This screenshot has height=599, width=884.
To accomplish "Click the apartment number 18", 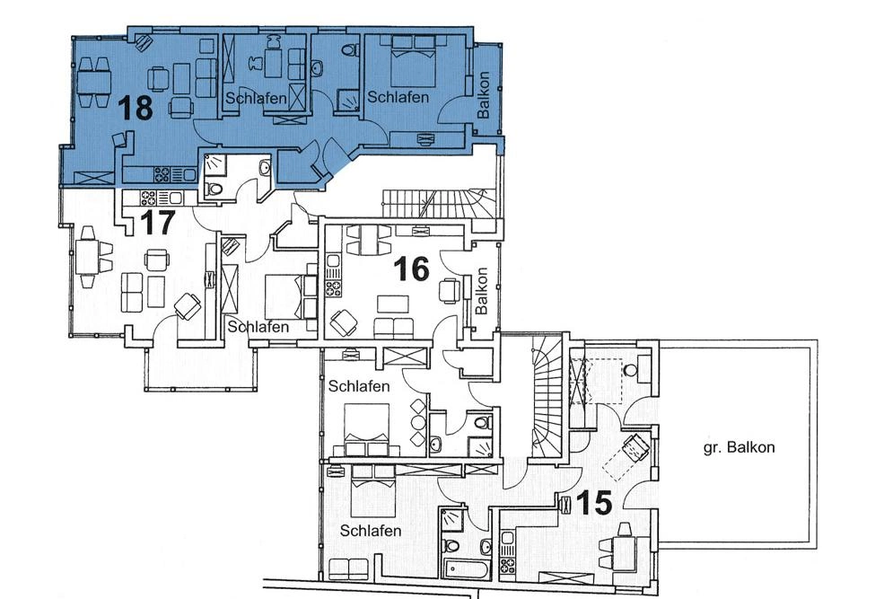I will point(136,108).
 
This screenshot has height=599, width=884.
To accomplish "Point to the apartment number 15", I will point(593,502).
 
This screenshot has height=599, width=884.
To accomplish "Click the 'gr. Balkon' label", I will point(739,446).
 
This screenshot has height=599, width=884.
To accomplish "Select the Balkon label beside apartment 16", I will point(482,290).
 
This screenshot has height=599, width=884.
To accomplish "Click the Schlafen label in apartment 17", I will point(258,327).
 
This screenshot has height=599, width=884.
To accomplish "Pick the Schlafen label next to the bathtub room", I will point(371,531).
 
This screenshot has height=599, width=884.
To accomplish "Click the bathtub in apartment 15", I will point(467,568).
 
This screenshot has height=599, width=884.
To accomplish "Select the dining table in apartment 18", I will point(92,79).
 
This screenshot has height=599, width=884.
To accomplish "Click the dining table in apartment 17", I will point(88,257).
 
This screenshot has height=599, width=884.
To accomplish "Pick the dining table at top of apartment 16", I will point(369,238).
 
